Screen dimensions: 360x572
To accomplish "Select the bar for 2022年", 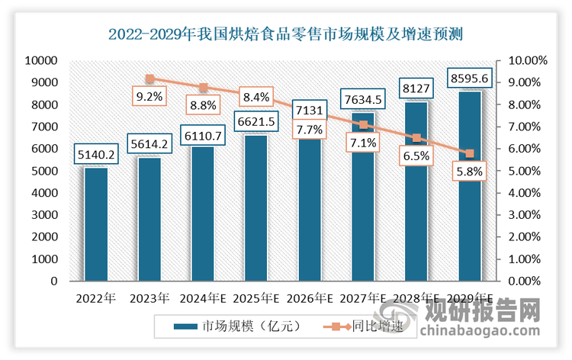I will point(96,224).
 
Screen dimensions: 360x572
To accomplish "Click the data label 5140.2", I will point(96,155).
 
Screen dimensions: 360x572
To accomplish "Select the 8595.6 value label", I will point(470,79).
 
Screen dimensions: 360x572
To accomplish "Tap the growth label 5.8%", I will point(470,172).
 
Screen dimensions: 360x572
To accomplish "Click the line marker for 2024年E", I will point(203,88).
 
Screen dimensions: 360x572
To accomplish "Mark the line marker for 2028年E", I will point(416,138).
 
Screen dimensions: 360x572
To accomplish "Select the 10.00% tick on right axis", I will point(523,60).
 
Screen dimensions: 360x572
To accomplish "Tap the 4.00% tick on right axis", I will point(525,193).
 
